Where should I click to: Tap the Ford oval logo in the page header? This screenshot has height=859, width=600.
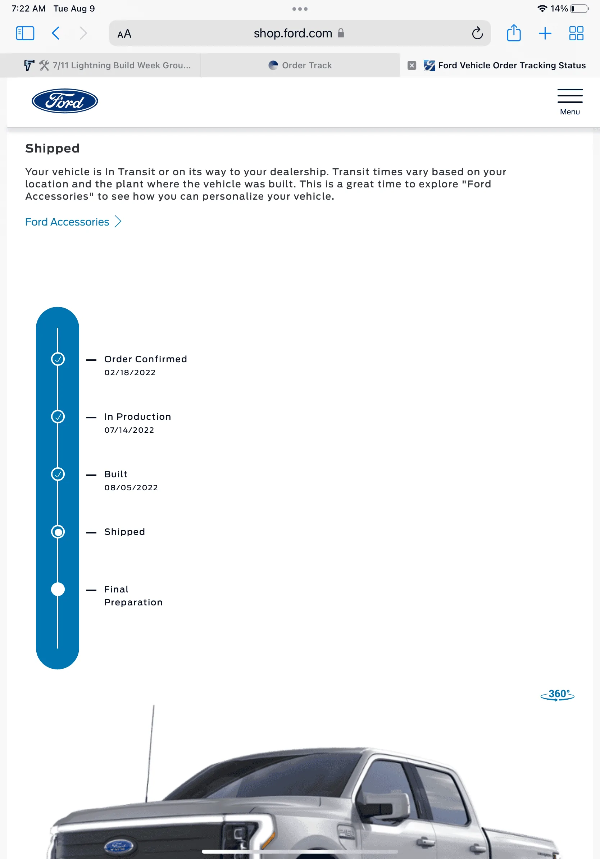coord(65,101)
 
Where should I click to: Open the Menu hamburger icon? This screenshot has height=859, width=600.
coord(569,96)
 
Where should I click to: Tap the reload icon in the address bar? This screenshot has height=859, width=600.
coord(477,33)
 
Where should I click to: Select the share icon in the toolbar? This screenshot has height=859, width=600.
coord(514,33)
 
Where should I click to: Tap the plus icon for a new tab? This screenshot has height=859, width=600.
coord(545,33)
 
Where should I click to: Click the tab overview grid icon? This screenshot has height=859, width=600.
coord(576,33)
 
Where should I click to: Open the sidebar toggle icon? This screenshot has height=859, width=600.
coord(25,33)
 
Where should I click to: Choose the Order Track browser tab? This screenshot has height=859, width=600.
coord(300,65)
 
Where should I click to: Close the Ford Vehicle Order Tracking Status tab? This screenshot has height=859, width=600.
coord(412,65)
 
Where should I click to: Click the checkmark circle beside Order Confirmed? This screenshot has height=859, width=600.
coord(58,359)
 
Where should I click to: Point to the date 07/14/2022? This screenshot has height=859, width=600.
coord(129,430)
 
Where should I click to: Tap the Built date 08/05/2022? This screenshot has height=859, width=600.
coord(131,488)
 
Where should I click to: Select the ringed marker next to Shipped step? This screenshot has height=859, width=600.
coord(58,532)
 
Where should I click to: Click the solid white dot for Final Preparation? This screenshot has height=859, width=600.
coord(58,590)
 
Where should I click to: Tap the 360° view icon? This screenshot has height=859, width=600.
coord(557,695)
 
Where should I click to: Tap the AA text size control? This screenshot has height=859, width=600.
coord(124,34)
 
